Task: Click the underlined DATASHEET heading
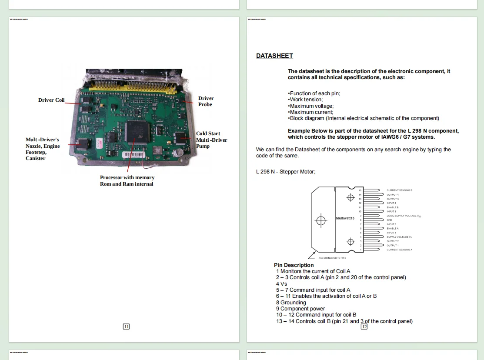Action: (274, 56)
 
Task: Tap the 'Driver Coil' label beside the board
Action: (51, 100)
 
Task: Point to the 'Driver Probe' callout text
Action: (206, 101)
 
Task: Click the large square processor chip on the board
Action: (137, 132)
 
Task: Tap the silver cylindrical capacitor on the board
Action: (178, 153)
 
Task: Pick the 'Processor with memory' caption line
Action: (127, 177)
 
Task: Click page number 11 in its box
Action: (126, 327)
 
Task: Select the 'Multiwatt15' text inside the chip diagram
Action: (345, 218)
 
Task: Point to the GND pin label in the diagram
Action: (390, 220)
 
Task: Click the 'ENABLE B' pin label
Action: (393, 207)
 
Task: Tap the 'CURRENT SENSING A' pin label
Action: (399, 250)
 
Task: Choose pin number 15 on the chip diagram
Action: (360, 190)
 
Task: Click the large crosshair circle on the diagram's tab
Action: (321, 220)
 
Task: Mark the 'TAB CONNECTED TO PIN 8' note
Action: (332, 258)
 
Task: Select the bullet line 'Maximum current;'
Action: (310, 112)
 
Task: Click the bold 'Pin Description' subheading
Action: (294, 265)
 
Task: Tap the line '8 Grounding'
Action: (291, 303)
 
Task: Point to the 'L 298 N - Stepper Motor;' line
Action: (286, 172)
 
